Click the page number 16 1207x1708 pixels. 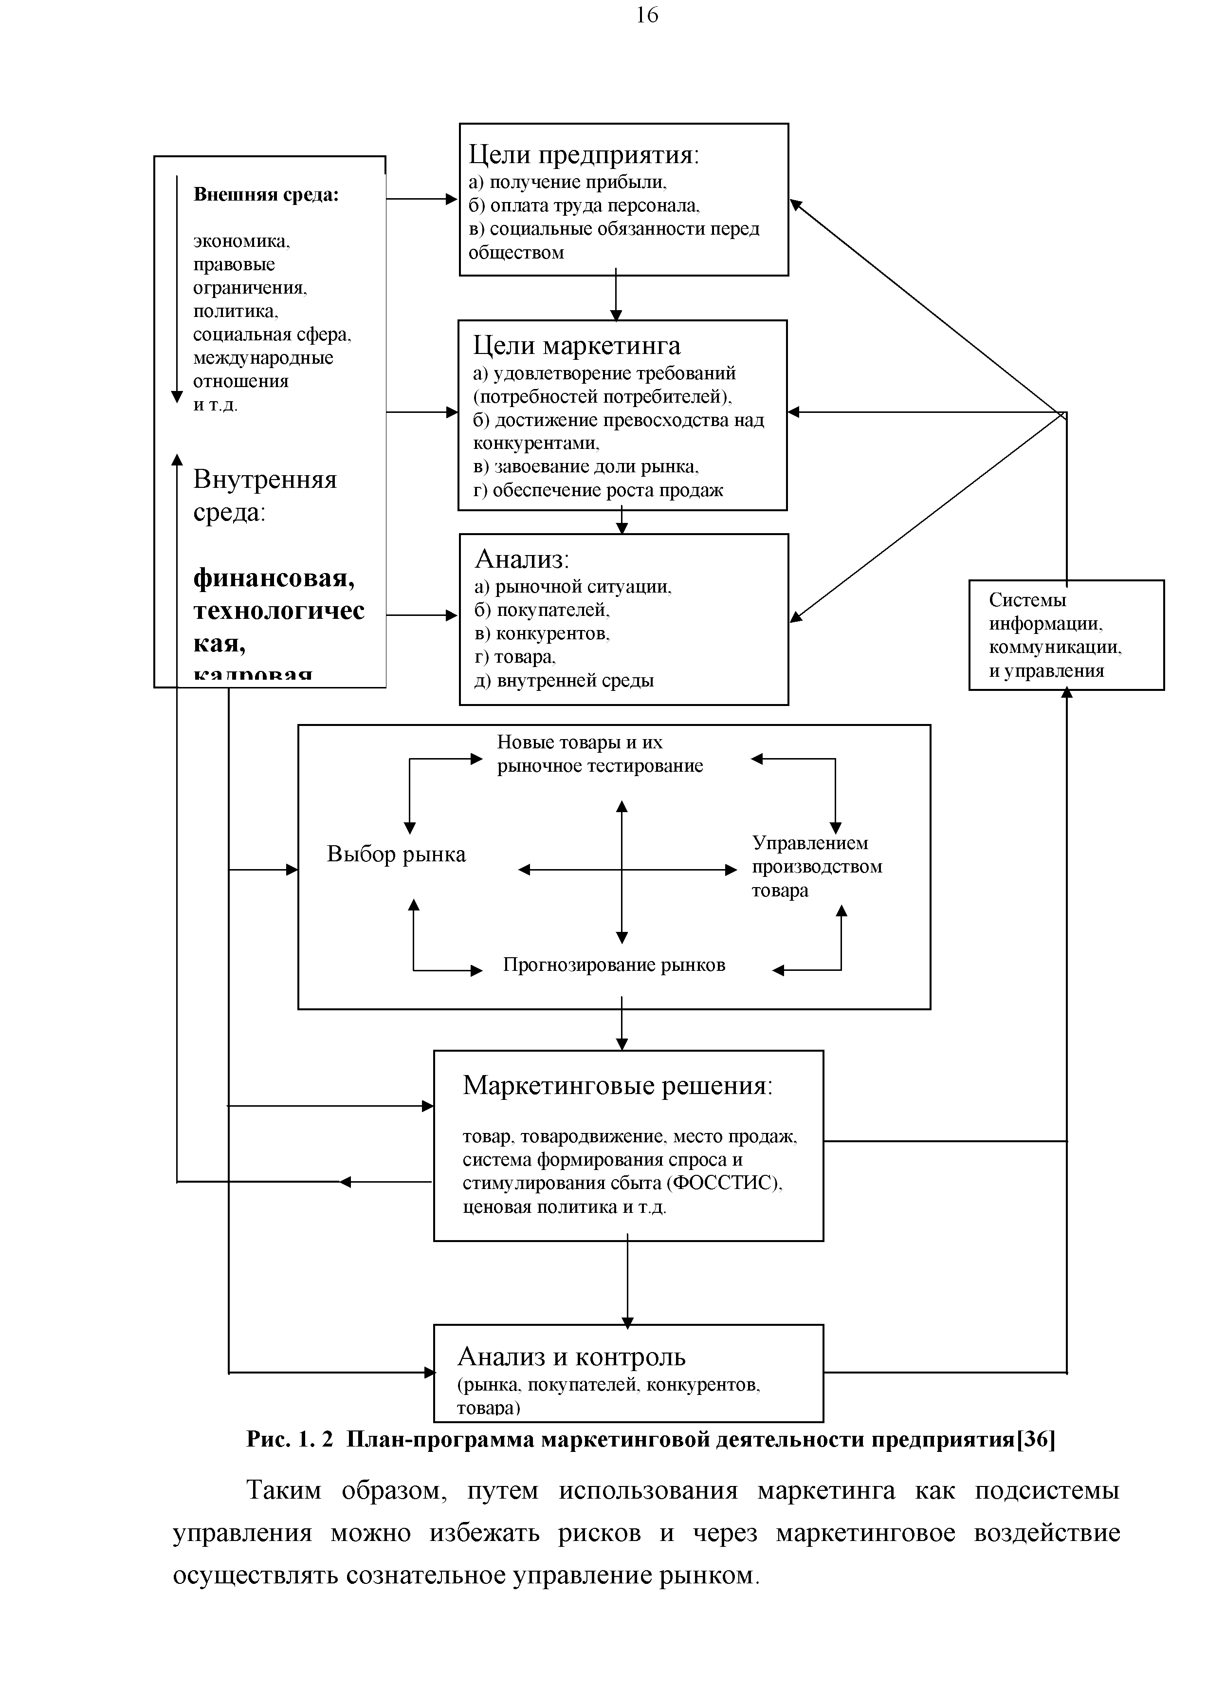coord(646,16)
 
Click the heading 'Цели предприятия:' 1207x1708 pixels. coord(584,155)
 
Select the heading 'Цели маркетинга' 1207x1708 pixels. coord(576,346)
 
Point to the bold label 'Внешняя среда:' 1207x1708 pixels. coord(266,195)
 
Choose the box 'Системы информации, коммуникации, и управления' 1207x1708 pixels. coord(1066,634)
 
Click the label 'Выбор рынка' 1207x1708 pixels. coord(396,854)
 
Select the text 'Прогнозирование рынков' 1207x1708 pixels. coord(614,965)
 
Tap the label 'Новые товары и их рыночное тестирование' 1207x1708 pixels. coord(600,754)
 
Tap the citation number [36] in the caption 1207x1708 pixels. coord(1036,1440)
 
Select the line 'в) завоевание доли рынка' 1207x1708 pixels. coord(585,466)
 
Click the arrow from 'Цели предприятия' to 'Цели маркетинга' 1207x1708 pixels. coord(616,297)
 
